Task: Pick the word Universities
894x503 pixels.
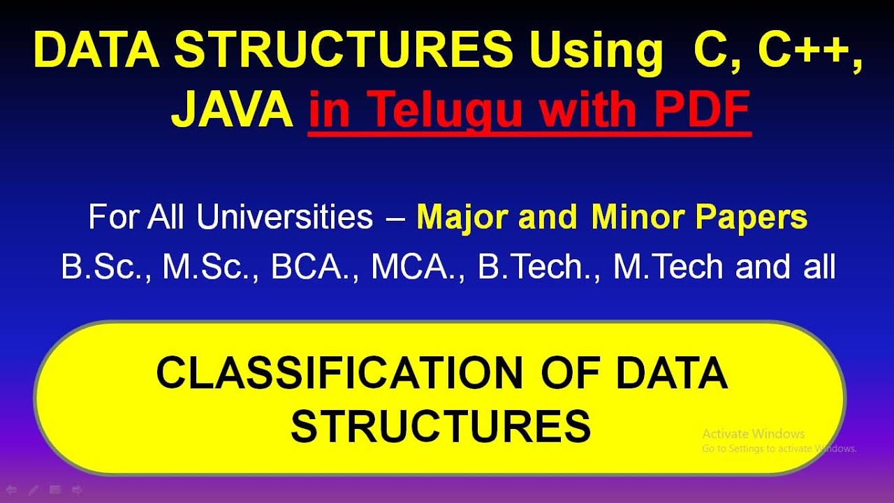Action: click(284, 217)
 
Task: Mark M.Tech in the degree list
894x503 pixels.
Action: click(670, 267)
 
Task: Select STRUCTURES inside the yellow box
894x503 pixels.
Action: click(441, 426)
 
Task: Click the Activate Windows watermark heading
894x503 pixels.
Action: click(754, 434)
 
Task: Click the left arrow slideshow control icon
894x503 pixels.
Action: click(11, 490)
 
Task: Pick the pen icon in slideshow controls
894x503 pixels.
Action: click(33, 490)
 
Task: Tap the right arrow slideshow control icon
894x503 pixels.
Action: click(78, 490)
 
